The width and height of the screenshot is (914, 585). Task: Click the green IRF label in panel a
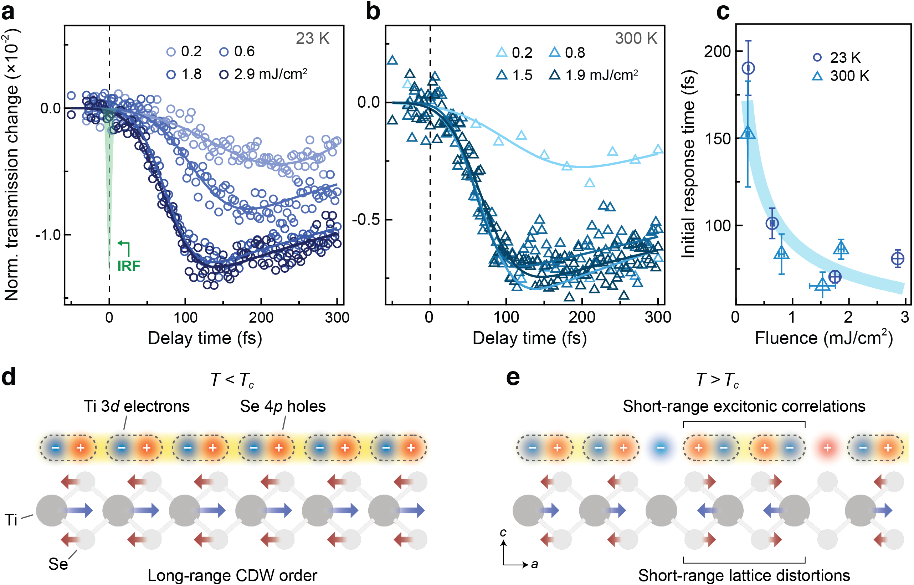click(x=129, y=266)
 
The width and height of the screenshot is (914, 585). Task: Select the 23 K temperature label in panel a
click(x=312, y=39)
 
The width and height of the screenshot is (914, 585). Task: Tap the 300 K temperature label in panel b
click(x=636, y=39)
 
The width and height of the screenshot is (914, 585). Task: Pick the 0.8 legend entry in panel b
click(x=568, y=52)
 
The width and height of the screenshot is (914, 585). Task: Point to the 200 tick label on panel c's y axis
click(x=717, y=51)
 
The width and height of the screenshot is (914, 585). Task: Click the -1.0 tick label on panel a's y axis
click(x=48, y=235)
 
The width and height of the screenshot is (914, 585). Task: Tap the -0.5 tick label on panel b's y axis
click(x=365, y=220)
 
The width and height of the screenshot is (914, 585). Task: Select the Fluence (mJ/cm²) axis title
click(x=823, y=338)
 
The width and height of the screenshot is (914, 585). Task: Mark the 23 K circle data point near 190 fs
click(x=748, y=68)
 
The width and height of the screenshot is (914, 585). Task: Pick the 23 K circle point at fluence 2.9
click(x=897, y=259)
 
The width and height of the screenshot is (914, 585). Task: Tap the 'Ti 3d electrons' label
click(x=137, y=406)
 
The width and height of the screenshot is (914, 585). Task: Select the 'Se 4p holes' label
click(x=283, y=406)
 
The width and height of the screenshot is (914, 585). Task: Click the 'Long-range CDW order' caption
click(x=232, y=575)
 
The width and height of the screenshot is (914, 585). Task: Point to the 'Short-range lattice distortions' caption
click(x=744, y=575)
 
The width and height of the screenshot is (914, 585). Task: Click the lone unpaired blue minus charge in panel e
click(x=661, y=448)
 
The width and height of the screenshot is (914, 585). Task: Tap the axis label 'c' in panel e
click(x=503, y=533)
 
